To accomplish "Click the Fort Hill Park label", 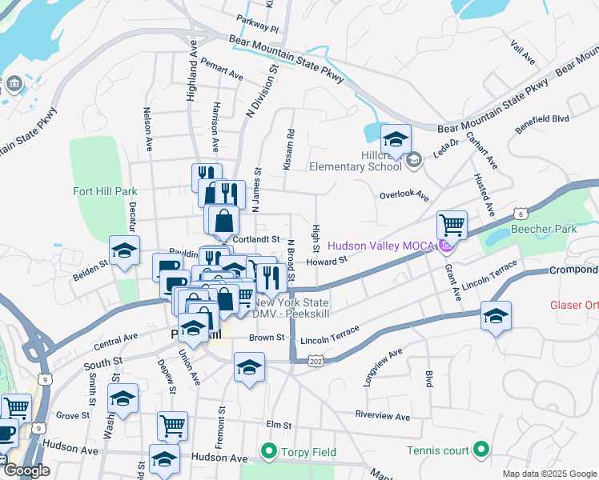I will [105, 191].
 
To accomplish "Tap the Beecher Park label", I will [554, 229].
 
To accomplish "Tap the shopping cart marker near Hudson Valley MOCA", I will [452, 226].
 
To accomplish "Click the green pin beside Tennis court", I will [480, 450].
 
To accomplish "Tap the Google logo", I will [26, 470].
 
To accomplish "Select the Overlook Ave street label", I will [404, 195].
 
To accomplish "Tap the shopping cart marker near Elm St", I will [172, 426].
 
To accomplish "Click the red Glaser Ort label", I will [573, 305].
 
